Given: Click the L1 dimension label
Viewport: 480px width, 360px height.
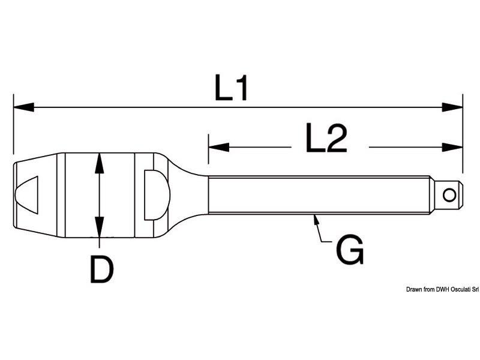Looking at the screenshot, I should click(x=232, y=89).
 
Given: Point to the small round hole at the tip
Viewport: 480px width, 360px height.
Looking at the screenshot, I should click(x=449, y=194).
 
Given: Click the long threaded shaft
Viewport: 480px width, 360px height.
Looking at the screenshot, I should click(x=318, y=194).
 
